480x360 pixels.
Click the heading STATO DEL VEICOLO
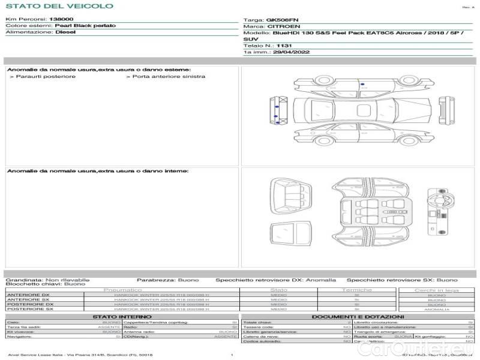59,6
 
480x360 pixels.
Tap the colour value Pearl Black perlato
86,26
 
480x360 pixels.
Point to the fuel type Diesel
65,32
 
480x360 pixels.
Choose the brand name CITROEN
280,27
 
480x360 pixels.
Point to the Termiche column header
356,290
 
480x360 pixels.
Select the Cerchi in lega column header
436,290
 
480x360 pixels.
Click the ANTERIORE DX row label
28,295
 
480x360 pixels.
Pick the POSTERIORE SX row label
29,310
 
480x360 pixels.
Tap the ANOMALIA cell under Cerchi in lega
436,310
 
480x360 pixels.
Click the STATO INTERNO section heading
118,317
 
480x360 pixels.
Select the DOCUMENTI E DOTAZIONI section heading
358,317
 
